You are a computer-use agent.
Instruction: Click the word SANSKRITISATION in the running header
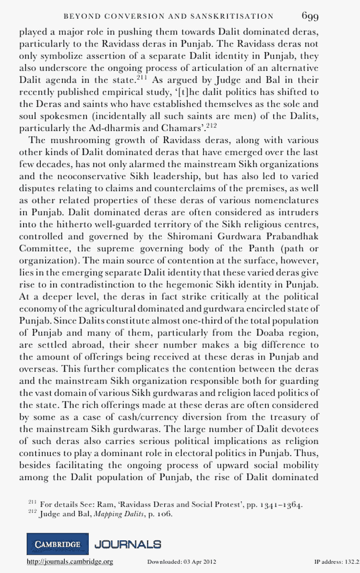(x=238, y=16)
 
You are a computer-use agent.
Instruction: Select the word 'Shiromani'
(x=198, y=236)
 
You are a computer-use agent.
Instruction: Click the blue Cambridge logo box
(x=57, y=545)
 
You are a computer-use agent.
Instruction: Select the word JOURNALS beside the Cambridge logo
(x=128, y=544)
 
